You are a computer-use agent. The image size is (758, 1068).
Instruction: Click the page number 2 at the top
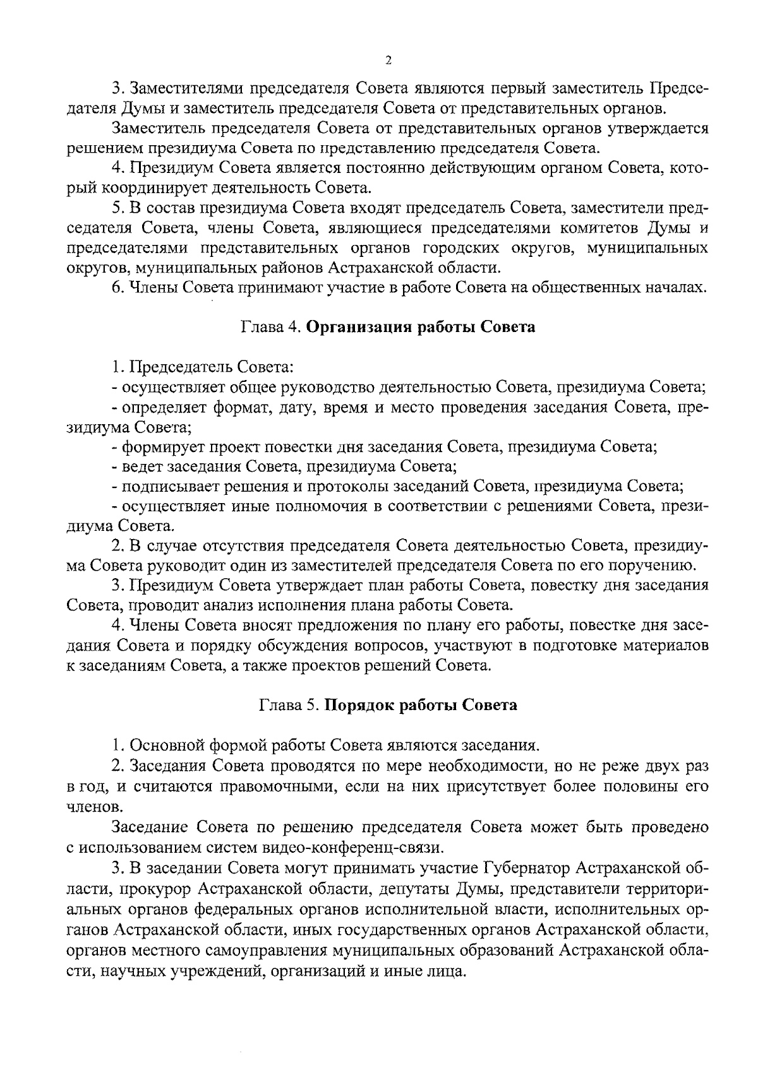(388, 60)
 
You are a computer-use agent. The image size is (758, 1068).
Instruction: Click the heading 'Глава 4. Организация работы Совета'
(388, 327)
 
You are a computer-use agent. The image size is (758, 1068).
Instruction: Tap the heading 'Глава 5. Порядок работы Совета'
(388, 705)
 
